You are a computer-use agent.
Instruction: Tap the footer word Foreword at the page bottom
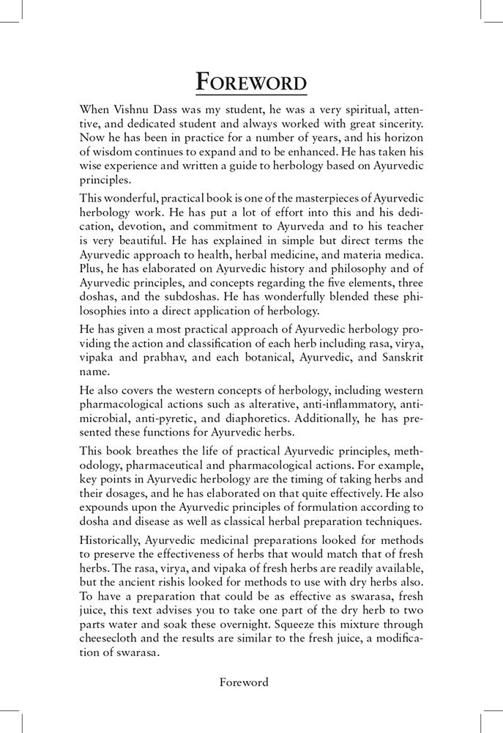pos(245,682)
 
